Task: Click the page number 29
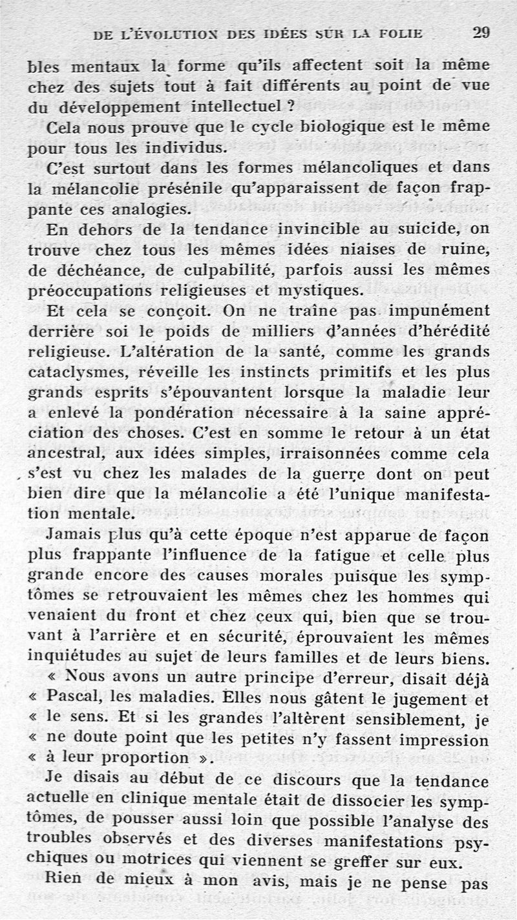pyautogui.click(x=480, y=33)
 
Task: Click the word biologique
pyautogui.click(x=313, y=126)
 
